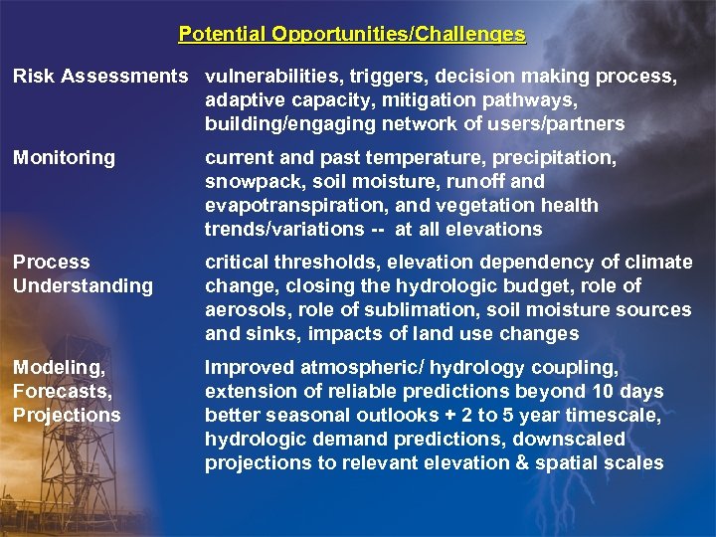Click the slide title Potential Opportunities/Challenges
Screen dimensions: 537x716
(x=352, y=35)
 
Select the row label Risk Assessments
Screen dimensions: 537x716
(x=99, y=77)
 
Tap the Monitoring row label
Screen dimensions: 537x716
(x=64, y=158)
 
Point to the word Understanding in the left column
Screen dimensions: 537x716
(x=83, y=286)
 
